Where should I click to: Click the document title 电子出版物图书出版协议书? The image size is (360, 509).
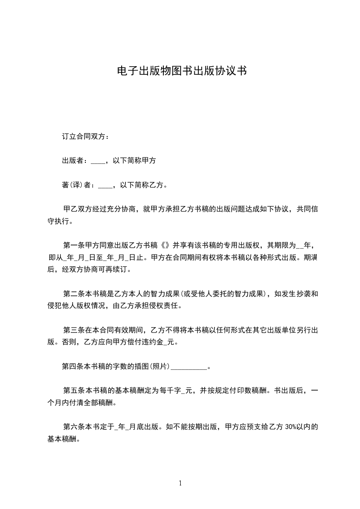pyautogui.click(x=182, y=71)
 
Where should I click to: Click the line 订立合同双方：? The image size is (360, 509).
pyautogui.click(x=85, y=136)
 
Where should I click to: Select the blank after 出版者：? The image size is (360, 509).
pyautogui.click(x=98, y=161)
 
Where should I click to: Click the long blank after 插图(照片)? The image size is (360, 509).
pyautogui.click(x=188, y=367)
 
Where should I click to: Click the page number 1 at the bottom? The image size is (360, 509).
pyautogui.click(x=180, y=483)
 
